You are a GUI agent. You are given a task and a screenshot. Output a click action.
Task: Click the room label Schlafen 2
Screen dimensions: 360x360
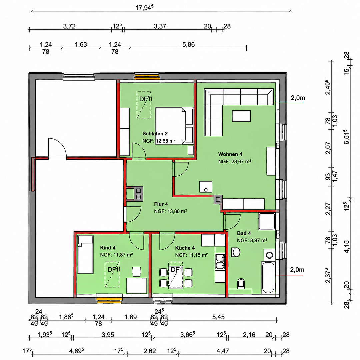point(155,134)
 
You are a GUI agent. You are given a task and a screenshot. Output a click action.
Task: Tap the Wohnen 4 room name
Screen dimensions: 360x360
point(230,154)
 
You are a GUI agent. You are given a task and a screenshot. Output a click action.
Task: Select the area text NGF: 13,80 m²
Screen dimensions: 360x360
point(170,211)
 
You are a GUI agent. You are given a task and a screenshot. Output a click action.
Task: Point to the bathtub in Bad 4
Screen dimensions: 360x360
point(268,277)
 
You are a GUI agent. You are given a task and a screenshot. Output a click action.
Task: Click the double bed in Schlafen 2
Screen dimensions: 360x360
point(174,126)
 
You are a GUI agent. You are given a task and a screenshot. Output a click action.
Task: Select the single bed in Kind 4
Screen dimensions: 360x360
point(85,254)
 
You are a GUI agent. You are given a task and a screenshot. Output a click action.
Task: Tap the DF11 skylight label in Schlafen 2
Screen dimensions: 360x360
point(146,99)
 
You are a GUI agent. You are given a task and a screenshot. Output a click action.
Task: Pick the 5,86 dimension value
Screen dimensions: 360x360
point(188,45)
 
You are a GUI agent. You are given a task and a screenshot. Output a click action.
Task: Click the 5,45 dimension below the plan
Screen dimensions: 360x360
point(218,317)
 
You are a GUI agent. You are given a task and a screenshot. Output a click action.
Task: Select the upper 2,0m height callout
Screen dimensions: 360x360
point(298,98)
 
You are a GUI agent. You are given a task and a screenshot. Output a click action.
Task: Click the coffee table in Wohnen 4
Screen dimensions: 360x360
point(241,116)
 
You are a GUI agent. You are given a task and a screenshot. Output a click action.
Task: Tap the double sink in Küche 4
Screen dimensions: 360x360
point(220,262)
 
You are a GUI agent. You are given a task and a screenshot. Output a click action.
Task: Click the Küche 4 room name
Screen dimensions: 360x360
point(185,248)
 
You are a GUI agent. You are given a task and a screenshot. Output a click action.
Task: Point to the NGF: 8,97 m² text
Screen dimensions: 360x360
point(252,240)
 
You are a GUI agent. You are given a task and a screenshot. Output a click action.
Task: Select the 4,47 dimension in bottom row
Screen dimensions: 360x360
point(223,351)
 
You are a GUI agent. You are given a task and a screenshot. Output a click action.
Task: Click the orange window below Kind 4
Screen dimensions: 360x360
point(109,299)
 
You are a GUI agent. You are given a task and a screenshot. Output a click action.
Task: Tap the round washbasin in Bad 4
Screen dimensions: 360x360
point(236,252)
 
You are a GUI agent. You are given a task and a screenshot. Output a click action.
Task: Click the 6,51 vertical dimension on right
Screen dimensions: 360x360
point(347,137)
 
